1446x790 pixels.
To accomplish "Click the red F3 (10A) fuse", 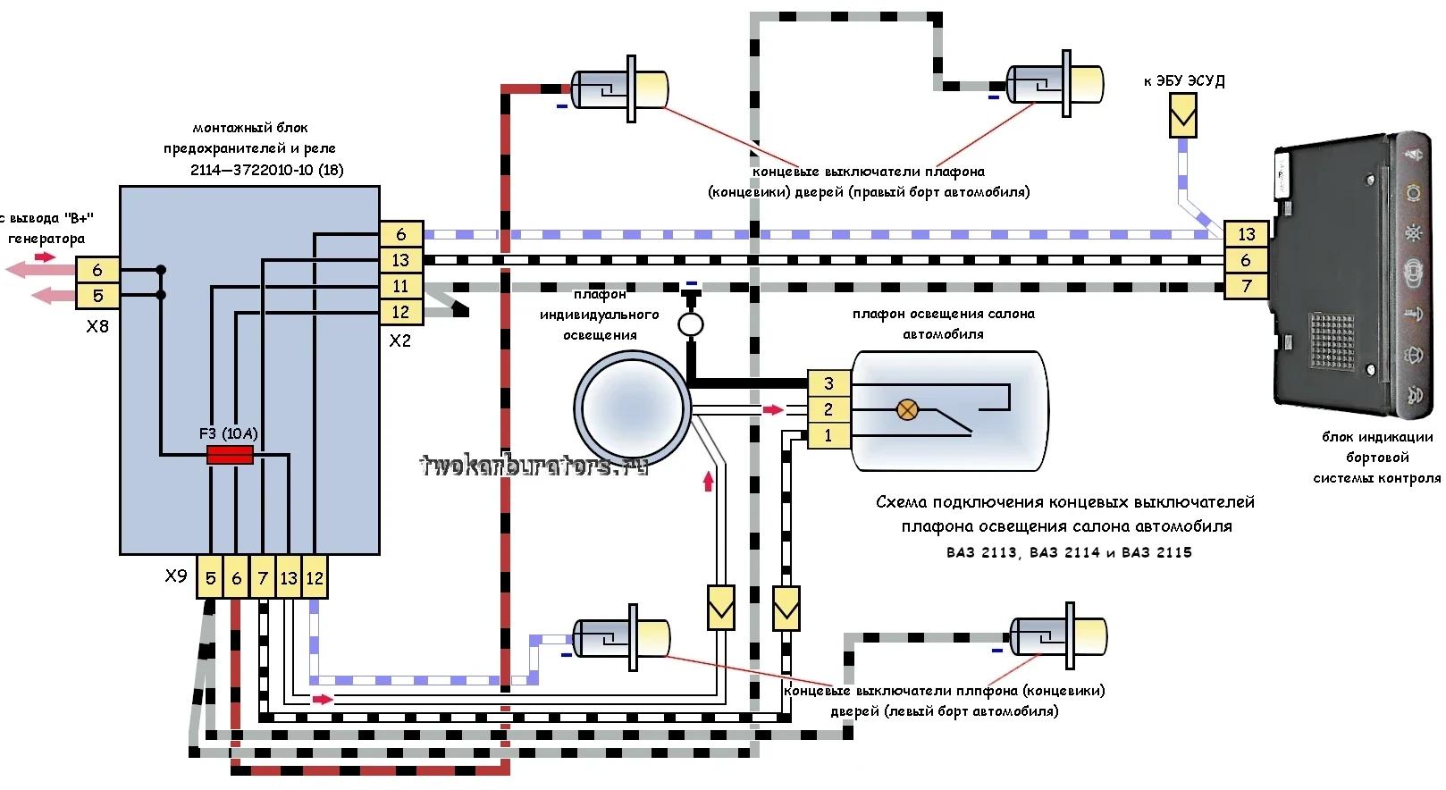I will tap(230, 456).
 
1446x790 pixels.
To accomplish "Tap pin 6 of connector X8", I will tap(97, 270).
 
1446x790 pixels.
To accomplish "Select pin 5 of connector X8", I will tap(97, 295).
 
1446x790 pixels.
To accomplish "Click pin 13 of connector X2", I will tap(400, 260).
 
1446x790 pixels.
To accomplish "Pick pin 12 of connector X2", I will tap(400, 312).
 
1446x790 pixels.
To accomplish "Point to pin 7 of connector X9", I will tap(263, 578).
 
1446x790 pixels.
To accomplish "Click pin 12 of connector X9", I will tap(315, 578).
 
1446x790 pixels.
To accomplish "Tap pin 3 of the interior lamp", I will tap(828, 383).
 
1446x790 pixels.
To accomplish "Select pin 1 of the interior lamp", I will tap(828, 435).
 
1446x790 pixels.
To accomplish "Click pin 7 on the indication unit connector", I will tap(1247, 286).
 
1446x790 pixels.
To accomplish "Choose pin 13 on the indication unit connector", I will tap(1247, 234).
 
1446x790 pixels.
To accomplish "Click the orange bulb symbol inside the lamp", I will tap(907, 410).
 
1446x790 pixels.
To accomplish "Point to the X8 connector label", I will tap(97, 326).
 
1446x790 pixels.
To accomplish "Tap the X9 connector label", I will tap(176, 576).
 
